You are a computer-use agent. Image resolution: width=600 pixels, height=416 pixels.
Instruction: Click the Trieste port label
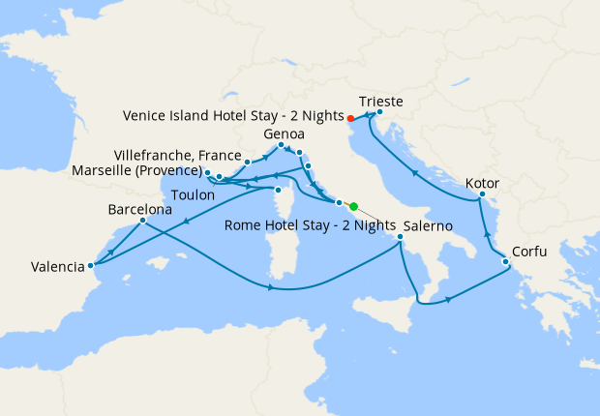380,100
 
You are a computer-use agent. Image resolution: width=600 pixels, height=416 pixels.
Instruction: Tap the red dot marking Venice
350,120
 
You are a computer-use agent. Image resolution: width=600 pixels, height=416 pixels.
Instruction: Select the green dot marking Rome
353,206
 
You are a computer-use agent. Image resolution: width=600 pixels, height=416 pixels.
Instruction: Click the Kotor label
482,182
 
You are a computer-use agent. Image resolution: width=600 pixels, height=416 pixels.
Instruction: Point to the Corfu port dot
505,262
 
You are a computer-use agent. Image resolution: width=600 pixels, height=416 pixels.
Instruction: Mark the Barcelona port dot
143,221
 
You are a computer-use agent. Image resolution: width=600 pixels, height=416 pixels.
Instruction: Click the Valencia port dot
90,264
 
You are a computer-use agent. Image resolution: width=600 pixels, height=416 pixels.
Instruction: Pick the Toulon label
193,194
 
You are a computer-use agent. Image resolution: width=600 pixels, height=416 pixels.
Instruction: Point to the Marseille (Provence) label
137,171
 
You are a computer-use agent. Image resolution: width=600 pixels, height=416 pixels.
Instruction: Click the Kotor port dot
481,198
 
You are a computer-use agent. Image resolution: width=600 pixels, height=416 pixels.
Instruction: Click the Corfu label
529,252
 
